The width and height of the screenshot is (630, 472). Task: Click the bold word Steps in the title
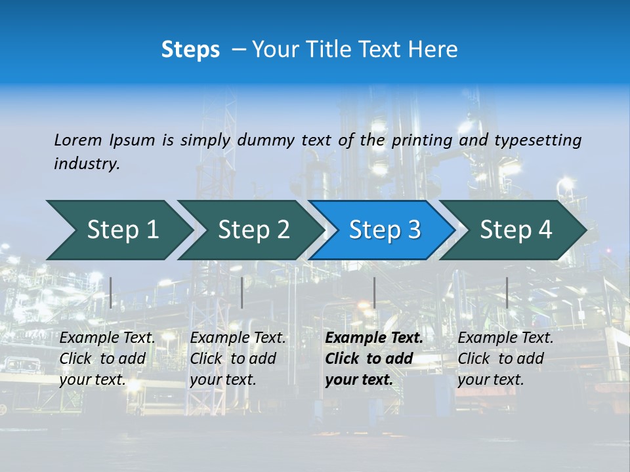pos(190,49)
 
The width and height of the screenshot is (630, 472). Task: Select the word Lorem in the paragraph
pos(78,140)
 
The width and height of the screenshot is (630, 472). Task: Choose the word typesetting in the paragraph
pos(537,140)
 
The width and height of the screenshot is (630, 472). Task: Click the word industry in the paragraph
pos(86,164)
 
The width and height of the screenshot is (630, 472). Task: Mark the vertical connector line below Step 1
pos(111,292)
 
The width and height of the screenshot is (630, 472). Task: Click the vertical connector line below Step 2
pos(242,292)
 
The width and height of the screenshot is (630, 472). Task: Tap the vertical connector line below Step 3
pos(374,292)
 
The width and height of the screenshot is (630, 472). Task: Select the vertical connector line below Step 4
pos(507,292)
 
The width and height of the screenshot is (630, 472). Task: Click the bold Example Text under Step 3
pos(374,338)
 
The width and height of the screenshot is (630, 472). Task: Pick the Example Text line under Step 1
pos(107,338)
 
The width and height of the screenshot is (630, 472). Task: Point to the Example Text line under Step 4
pos(505,338)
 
